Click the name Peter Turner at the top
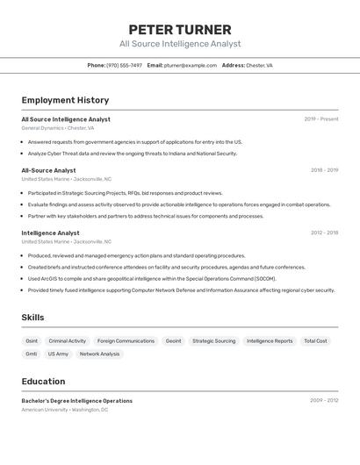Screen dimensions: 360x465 [180, 29]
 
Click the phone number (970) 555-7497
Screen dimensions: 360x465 [124, 65]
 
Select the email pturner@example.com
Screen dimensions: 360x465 [191, 65]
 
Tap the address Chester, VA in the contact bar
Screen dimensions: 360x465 [259, 65]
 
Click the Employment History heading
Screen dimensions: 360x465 [65, 100]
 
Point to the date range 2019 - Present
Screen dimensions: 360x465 [321, 119]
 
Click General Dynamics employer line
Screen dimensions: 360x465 [58, 128]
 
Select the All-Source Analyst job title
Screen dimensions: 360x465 [48, 170]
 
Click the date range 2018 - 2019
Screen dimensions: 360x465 [324, 170]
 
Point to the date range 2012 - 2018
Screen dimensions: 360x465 [324, 233]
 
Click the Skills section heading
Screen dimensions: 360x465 [32, 318]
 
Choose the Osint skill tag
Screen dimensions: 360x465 [32, 340]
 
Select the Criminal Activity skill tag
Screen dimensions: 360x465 [68, 340]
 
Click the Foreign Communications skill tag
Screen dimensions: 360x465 [126, 340]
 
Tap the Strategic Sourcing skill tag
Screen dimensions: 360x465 [214, 340]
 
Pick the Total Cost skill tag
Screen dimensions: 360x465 [316, 340]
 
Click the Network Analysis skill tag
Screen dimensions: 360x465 [99, 354]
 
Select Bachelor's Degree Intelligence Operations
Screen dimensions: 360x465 [77, 400]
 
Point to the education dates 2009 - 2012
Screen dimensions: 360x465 [324, 400]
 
